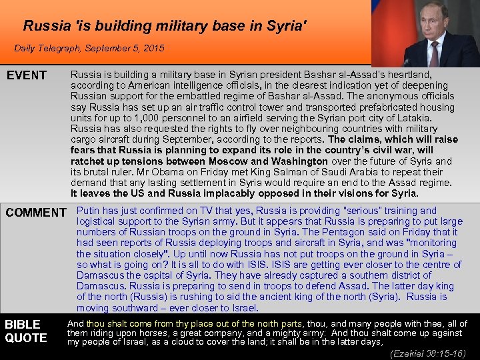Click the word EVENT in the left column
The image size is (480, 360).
tap(27, 75)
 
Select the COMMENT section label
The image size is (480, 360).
tap(36, 213)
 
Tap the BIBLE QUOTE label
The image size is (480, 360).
tap(26, 331)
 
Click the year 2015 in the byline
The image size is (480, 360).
tap(153, 49)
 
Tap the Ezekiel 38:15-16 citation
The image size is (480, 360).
tap(428, 353)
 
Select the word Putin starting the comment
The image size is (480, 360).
tap(88, 211)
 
